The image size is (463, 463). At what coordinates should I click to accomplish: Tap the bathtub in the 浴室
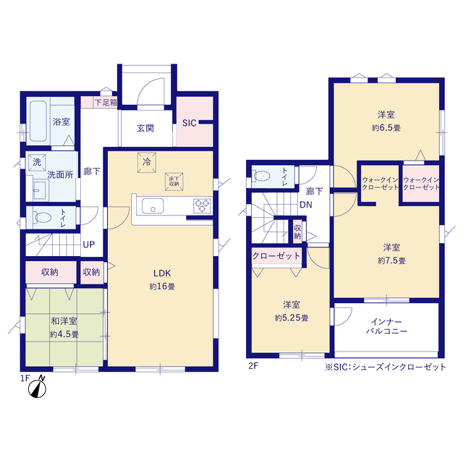[38, 122]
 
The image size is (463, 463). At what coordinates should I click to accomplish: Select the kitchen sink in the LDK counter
[153, 205]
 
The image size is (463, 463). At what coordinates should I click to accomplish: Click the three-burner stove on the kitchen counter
[202, 205]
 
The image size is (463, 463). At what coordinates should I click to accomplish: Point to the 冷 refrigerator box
[147, 162]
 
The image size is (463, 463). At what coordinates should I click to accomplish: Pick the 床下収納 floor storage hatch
[174, 182]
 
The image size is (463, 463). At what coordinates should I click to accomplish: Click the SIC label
[190, 123]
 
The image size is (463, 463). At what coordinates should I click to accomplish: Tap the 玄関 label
[145, 128]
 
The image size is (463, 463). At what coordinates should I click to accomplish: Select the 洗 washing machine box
[37, 162]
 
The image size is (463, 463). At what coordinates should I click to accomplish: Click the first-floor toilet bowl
[43, 218]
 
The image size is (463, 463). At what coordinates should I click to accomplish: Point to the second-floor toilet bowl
[262, 177]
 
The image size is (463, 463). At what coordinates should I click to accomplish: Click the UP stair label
[89, 245]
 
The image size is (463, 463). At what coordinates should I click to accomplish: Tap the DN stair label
[306, 205]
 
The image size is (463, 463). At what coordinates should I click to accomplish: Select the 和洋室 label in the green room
[64, 320]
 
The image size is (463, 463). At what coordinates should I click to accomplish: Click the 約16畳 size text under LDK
[162, 286]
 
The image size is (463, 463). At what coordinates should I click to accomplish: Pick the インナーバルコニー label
[386, 326]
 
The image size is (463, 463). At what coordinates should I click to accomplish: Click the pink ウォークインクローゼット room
[421, 184]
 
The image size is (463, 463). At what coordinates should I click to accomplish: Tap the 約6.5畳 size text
[386, 128]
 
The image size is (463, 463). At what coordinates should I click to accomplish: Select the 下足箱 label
[106, 103]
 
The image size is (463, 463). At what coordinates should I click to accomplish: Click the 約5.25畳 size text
[292, 318]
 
